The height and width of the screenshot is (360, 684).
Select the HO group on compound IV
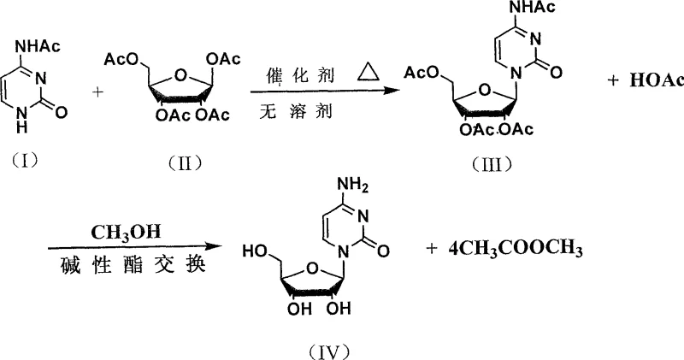click(254, 251)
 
